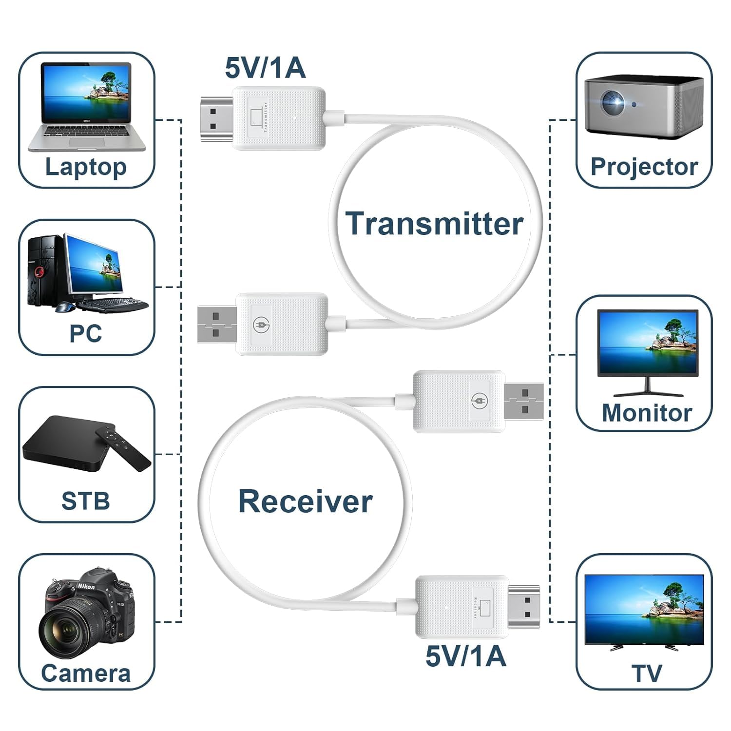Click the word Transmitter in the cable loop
point(434,224)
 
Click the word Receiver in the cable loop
point(305,501)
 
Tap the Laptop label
point(86,167)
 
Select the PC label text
point(86,334)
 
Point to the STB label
point(86,501)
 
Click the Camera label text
point(86,673)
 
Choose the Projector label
point(644,167)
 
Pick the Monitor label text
point(647,413)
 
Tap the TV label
point(647,673)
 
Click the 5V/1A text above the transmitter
point(265,68)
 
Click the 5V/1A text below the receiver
point(465,656)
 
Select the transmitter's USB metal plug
point(217,324)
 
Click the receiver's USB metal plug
point(524,401)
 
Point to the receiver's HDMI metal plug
point(524,606)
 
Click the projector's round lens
point(612,102)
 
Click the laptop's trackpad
point(86,142)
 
